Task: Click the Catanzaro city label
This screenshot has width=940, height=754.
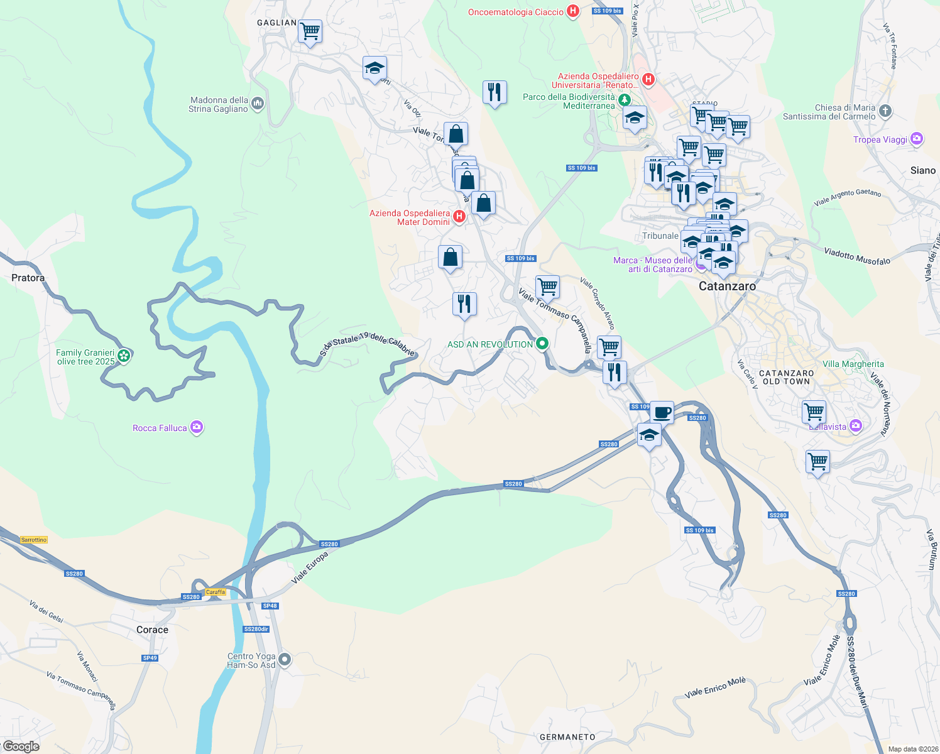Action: (727, 286)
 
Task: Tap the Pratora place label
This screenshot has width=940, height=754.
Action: (28, 278)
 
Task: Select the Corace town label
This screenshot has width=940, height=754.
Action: (152, 630)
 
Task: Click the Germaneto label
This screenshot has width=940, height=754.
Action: (567, 737)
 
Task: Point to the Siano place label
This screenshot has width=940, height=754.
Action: (922, 170)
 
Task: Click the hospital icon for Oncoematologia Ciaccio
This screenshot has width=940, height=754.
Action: (572, 11)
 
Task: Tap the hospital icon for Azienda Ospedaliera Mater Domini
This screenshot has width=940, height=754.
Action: (459, 217)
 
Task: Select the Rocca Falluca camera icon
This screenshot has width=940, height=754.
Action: (197, 427)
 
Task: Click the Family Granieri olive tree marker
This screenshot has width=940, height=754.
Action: (124, 356)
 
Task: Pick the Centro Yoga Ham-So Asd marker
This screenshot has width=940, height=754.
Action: (285, 660)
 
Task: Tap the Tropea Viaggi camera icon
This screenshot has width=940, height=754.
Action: (917, 139)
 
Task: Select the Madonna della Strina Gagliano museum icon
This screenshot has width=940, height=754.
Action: (257, 104)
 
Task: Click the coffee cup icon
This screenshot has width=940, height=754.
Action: (662, 412)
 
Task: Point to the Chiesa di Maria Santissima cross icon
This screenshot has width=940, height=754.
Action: (885, 112)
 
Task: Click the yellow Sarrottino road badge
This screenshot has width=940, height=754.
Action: (34, 540)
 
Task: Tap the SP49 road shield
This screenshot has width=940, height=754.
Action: (150, 658)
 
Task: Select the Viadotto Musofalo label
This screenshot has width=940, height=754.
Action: (857, 256)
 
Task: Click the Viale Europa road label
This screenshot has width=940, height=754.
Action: (310, 567)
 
